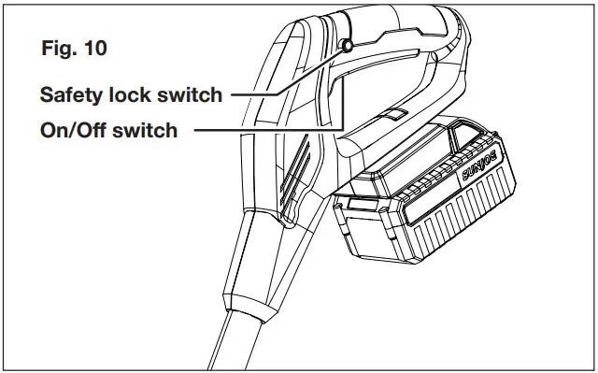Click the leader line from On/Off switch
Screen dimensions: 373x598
[271, 130]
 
